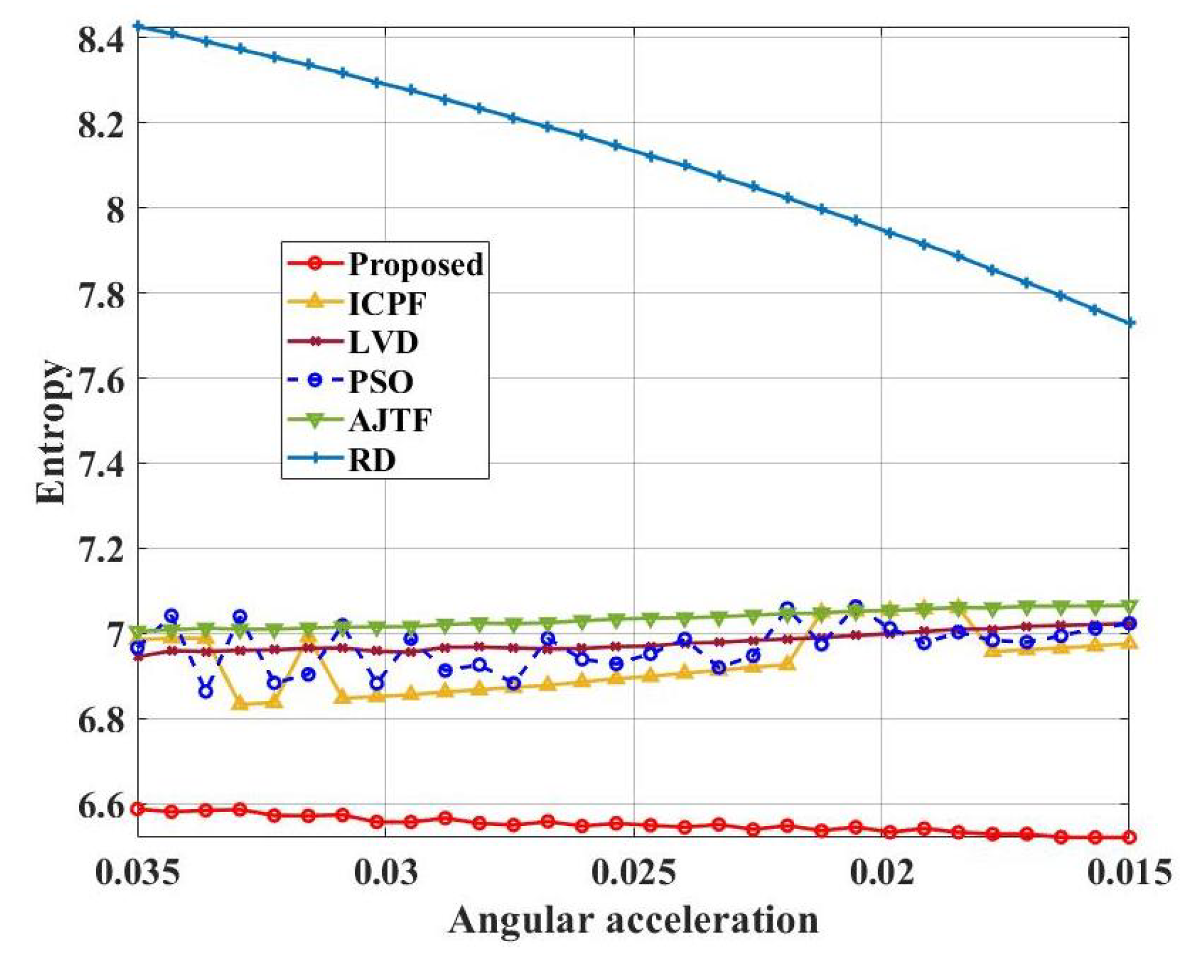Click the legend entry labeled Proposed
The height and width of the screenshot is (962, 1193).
click(415, 264)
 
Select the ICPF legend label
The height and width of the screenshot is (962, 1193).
click(387, 303)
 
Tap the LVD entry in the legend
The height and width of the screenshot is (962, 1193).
click(383, 342)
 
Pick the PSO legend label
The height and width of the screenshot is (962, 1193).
click(381, 381)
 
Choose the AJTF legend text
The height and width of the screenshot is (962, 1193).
click(390, 421)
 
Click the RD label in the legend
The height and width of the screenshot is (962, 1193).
click(372, 460)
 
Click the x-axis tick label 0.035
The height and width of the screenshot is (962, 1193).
click(138, 871)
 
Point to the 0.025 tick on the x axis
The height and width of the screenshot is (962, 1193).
click(634, 871)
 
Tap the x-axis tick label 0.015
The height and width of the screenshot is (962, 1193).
click(1129, 871)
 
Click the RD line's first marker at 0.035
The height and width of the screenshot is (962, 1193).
click(138, 26)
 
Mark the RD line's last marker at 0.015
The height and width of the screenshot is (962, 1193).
click(1130, 323)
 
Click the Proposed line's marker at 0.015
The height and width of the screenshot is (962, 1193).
click(1129, 836)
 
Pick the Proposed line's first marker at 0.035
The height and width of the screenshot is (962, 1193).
click(138, 809)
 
